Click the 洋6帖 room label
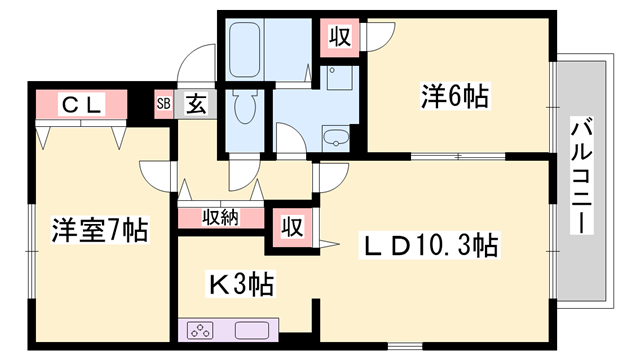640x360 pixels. click(455, 97)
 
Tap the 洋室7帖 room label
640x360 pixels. click(100, 231)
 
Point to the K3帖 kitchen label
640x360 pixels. click(241, 285)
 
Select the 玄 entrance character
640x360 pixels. click(195, 103)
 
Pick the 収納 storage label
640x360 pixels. click(221, 217)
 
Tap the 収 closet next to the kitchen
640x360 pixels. click(292, 223)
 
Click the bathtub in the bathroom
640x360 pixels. click(246, 47)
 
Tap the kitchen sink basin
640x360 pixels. click(249, 331)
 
